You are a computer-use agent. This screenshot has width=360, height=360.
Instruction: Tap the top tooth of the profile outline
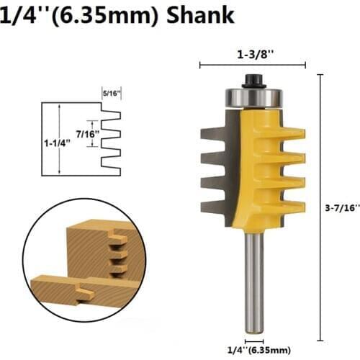tap(112, 115)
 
